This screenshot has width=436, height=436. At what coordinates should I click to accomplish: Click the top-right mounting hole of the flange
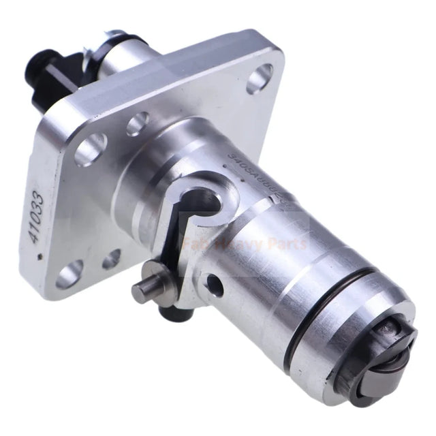coord(260,78)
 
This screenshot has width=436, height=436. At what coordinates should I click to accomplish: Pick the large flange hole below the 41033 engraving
coord(70,275)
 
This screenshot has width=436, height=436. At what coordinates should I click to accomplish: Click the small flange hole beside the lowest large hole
coord(111,259)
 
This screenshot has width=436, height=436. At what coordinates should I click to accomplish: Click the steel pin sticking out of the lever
coord(145,291)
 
